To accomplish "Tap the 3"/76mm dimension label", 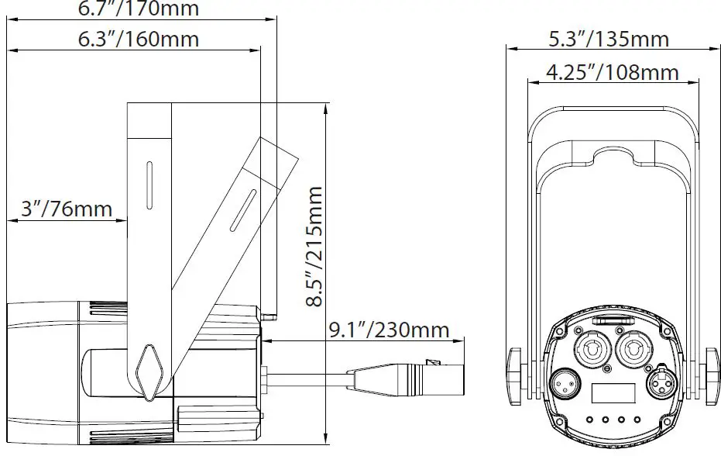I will pos(65,208).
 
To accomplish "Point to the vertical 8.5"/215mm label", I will pos(315,246).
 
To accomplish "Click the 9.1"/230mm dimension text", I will pos(389,330).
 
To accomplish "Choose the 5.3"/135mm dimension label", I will pos(609,37).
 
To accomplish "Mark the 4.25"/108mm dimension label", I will pos(612,72).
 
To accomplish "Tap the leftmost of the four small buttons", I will pos(589,420).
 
